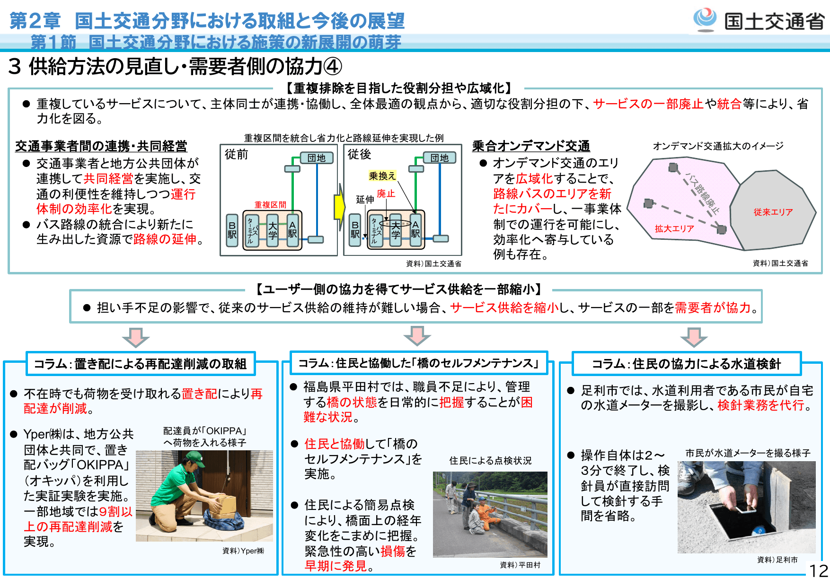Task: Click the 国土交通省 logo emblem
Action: (705, 19)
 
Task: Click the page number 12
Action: (818, 570)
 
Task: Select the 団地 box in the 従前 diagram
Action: (317, 158)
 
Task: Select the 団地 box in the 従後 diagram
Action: (440, 158)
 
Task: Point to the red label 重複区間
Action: (270, 205)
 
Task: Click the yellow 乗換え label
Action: (382, 176)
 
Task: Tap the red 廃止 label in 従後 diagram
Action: (386, 193)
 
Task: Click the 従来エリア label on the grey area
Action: (773, 212)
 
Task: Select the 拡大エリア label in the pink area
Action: (674, 229)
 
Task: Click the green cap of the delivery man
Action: (195, 458)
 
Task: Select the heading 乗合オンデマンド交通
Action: (531, 146)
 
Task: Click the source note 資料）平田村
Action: (520, 565)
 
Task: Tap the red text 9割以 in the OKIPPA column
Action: (116, 511)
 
